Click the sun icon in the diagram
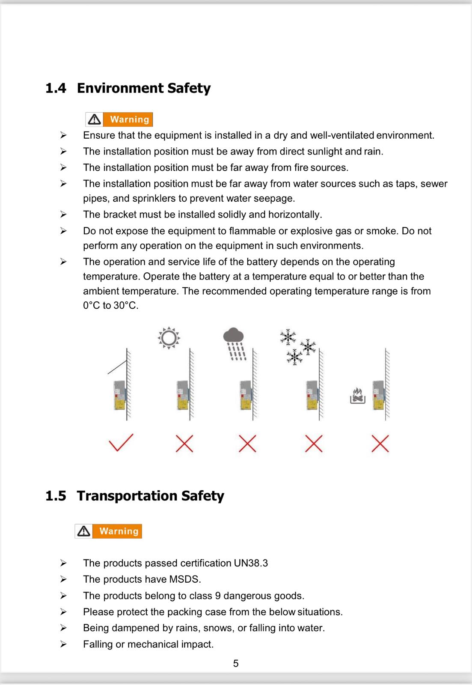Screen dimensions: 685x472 [169, 338]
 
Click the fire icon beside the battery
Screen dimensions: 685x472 [357, 396]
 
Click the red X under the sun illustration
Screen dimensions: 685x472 [184, 444]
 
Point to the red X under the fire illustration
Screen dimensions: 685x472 [380, 444]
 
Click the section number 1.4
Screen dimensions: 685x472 [56, 88]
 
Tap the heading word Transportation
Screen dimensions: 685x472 [127, 496]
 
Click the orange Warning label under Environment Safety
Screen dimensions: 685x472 [129, 119]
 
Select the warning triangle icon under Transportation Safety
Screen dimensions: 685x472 [84, 531]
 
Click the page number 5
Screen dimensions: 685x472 [236, 663]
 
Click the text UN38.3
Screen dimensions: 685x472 [251, 563]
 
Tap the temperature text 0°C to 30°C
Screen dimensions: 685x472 [110, 306]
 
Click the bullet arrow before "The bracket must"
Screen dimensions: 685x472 [63, 214]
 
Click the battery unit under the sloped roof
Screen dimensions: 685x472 [119, 395]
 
